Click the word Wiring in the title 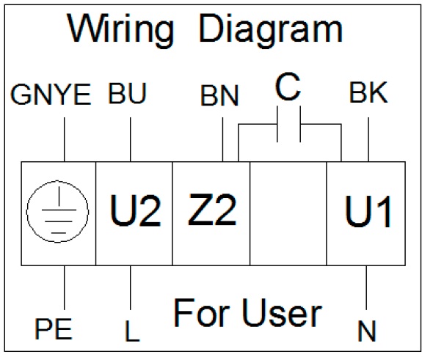pos(120,30)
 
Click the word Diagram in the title pos(270,30)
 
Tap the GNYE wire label pos(51,95)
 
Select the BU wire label pos(127,93)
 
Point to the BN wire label pos(219,95)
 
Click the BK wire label pos(368,92)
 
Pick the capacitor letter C pos(288,87)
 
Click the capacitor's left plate pos(277,124)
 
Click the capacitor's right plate pos(300,124)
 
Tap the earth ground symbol pos(57,212)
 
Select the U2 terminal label pos(135,210)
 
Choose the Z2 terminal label pos(212,210)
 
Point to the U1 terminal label pos(368,211)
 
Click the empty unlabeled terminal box pos(288,213)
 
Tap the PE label pos(54,328)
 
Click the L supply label pos(132,331)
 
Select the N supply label pos(367,331)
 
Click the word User pos(283,313)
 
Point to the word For pos(202,313)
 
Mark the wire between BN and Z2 pos(222,139)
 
